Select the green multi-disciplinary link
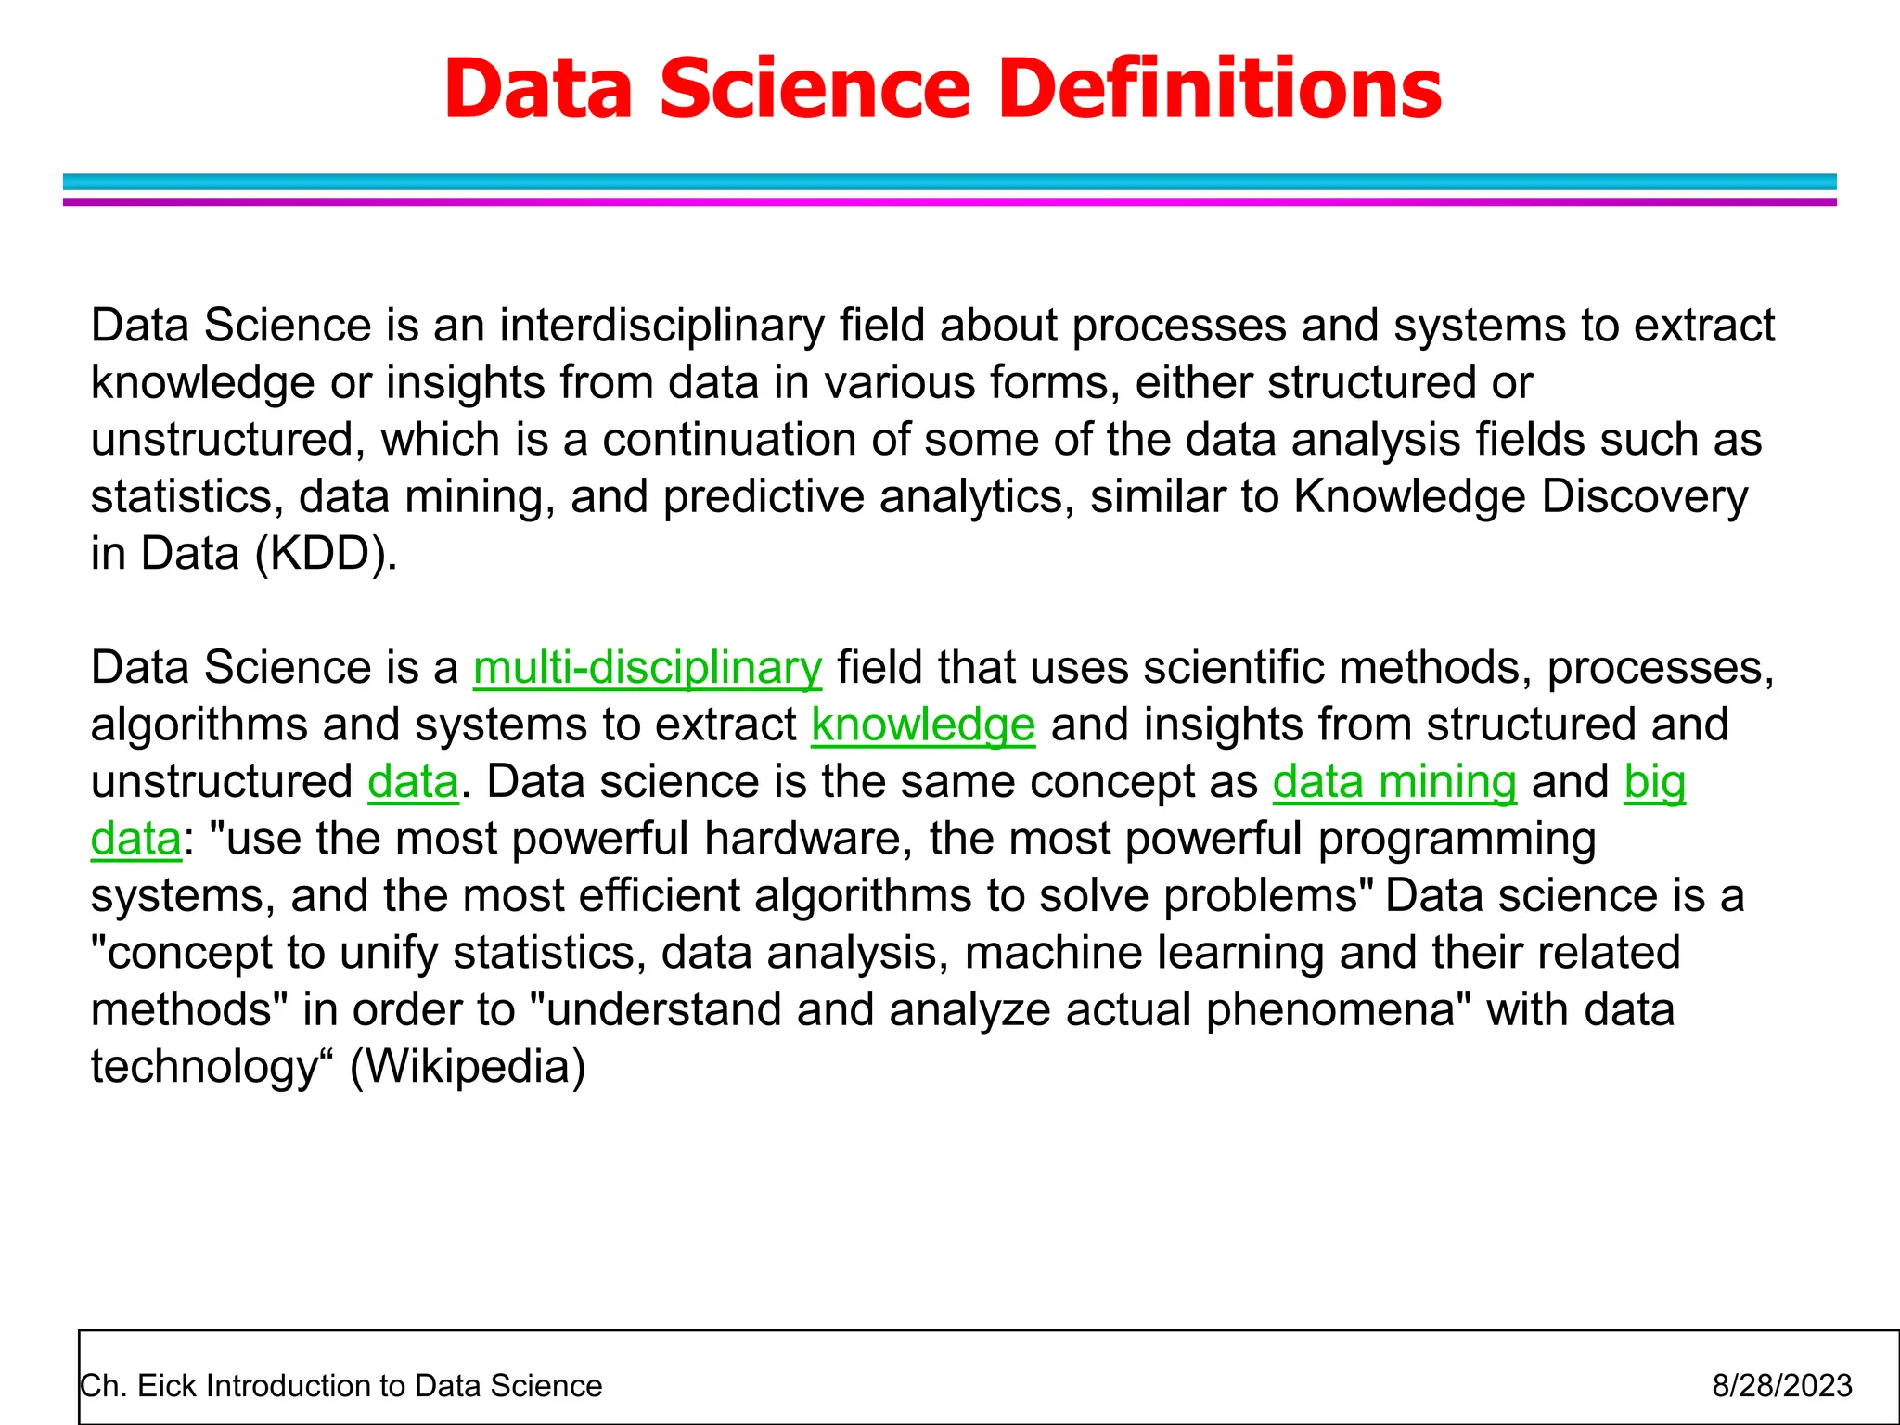[647, 668]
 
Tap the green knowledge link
[922, 725]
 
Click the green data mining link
[1393, 781]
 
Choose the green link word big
[1654, 781]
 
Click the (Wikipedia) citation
[468, 1067]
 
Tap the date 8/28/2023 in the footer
[1781, 1385]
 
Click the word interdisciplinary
[661, 326]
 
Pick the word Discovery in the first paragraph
[1644, 496]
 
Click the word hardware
[802, 839]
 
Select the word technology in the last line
[204, 1067]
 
